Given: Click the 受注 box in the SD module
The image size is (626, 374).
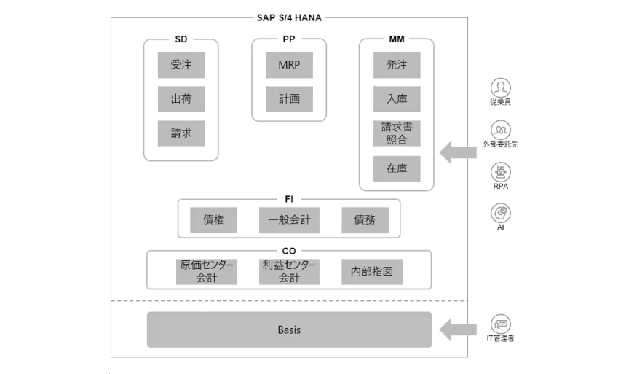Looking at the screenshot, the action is click(181, 65).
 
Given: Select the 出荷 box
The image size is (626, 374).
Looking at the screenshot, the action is click(181, 99).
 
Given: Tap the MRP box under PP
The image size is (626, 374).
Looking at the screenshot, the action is click(290, 65).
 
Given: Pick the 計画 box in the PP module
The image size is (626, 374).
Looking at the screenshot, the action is click(290, 99).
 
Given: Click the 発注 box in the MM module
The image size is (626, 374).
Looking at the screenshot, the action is click(397, 65).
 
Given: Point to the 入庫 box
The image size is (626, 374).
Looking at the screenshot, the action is click(397, 99).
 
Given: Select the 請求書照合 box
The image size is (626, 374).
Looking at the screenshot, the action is click(397, 133).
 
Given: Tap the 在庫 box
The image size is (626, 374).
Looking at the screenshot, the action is click(397, 168).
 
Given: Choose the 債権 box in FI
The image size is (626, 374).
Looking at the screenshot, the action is click(213, 219).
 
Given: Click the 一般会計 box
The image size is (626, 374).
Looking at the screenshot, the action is click(290, 219).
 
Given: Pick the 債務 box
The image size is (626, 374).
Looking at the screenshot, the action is click(365, 219).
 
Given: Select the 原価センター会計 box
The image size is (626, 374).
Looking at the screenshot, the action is click(207, 272).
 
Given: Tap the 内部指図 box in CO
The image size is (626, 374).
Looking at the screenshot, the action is click(372, 272).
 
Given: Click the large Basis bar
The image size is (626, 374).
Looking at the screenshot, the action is click(290, 330).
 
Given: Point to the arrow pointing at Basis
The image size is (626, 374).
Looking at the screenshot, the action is click(458, 330).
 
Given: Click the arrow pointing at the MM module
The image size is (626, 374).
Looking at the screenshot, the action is click(458, 152).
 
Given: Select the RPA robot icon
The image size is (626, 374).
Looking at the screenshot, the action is click(501, 172).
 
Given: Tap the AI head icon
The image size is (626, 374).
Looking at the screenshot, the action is click(501, 213).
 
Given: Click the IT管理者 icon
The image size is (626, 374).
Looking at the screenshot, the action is click(501, 324).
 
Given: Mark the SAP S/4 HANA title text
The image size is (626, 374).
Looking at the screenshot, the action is click(289, 17).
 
